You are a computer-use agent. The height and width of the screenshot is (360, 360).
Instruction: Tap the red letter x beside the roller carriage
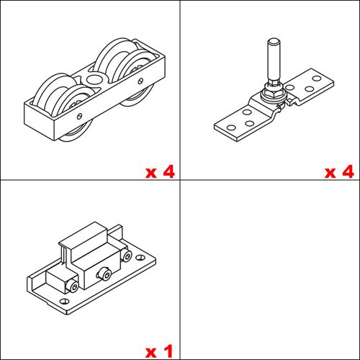pyautogui.click(x=150, y=173)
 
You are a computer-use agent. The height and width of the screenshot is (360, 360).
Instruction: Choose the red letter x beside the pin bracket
pyautogui.click(x=330, y=173)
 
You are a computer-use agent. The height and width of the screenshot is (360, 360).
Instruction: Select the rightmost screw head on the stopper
pyautogui.click(x=127, y=256)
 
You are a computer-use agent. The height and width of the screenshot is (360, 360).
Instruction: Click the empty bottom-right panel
pyautogui.click(x=270, y=270)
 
